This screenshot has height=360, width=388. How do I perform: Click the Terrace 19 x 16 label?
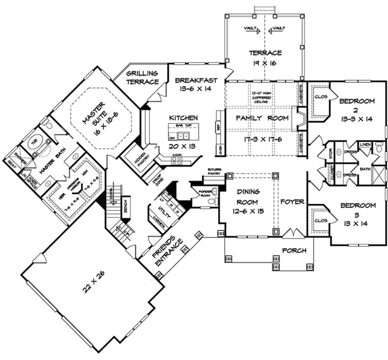265,58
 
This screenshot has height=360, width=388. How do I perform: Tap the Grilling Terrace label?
142,78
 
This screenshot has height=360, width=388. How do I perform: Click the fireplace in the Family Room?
300,118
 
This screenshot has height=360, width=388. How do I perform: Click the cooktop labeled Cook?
177,160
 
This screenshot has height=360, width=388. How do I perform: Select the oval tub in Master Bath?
34,144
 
